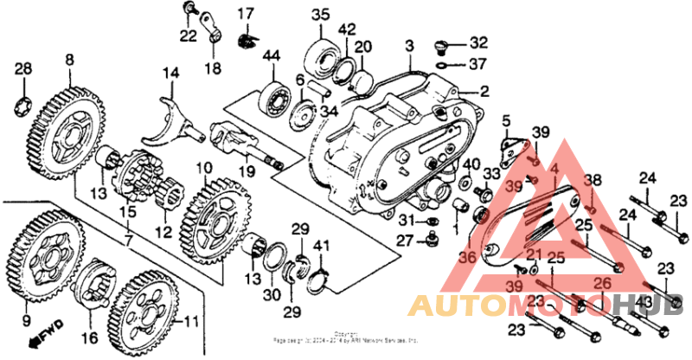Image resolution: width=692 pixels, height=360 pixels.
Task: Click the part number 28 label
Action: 23,68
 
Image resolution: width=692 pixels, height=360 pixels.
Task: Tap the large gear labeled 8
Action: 68,130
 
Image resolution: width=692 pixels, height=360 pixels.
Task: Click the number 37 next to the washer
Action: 478,64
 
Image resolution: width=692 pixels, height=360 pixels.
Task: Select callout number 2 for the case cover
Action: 484,91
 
